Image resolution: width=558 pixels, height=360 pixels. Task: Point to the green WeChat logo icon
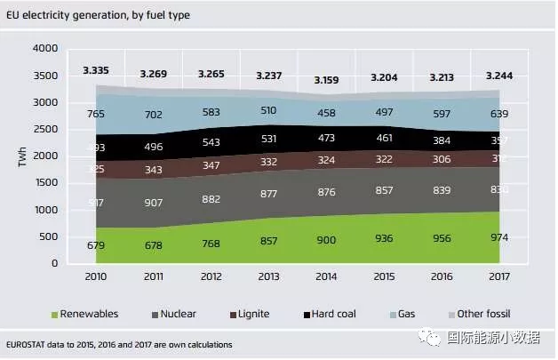432,338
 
